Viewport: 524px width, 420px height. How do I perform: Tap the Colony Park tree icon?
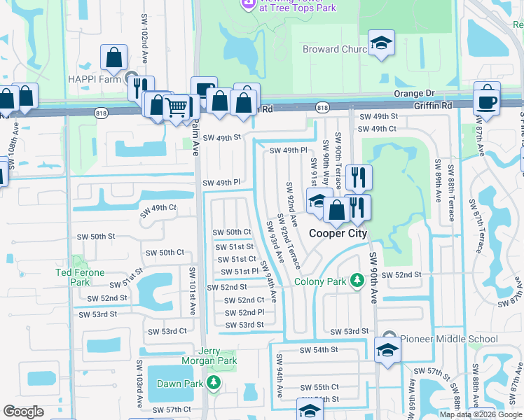point(357,281)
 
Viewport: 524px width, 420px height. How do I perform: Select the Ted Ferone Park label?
point(81,277)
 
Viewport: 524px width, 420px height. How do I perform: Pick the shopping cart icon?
point(177,107)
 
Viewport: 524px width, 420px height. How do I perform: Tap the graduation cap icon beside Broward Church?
point(381,45)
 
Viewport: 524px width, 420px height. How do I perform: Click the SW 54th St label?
point(319,349)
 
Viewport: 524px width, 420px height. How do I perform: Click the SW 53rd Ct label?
point(167,331)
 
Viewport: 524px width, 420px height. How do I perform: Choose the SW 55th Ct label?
point(319,387)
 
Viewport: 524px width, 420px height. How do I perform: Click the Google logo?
point(24,412)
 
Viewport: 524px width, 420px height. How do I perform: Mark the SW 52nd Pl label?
point(244,312)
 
